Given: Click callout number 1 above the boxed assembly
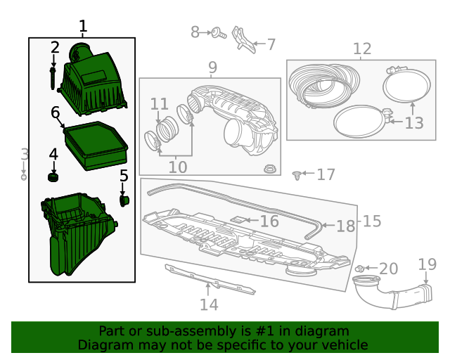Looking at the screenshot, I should pyautogui.click(x=83, y=27).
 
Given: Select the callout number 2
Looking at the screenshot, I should pyautogui.click(x=55, y=48).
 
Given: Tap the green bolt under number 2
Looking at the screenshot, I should pyautogui.click(x=53, y=77).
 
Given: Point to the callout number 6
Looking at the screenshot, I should pyautogui.click(x=55, y=112).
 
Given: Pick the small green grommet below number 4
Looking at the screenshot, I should pyautogui.click(x=53, y=175).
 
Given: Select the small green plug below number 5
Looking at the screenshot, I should pyautogui.click(x=124, y=202).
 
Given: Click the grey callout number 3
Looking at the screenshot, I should pyautogui.click(x=24, y=155).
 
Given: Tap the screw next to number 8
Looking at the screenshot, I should pyautogui.click(x=217, y=32).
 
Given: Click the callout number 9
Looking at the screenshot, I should pyautogui.click(x=212, y=67).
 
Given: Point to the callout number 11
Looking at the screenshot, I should pyautogui.click(x=160, y=104).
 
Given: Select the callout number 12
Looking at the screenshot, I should pyautogui.click(x=361, y=49).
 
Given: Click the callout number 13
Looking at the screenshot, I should pyautogui.click(x=414, y=123).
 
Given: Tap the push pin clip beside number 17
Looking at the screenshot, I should pyautogui.click(x=298, y=174).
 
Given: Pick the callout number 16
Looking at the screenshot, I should pyautogui.click(x=269, y=221).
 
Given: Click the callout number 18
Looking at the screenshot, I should pyautogui.click(x=346, y=226).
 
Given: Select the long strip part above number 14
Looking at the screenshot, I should pyautogui.click(x=210, y=278).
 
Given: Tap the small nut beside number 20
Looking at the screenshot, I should pyautogui.click(x=359, y=269).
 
